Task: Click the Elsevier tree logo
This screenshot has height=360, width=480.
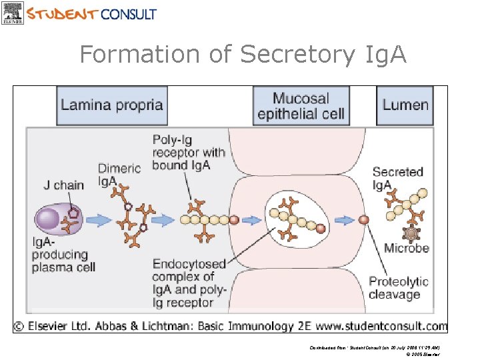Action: (13, 13)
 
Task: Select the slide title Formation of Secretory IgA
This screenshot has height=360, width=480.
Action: (243, 54)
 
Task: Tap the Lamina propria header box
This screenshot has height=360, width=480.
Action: (111, 105)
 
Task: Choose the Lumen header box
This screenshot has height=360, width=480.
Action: (405, 105)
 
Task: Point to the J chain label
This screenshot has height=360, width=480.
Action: (64, 185)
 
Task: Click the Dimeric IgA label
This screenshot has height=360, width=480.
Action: (119, 175)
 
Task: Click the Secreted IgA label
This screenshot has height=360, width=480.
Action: (397, 178)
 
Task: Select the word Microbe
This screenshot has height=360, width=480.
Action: (406, 249)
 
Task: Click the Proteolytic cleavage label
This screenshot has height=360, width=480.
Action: (399, 288)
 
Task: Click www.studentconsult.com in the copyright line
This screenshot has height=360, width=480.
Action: (387, 326)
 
